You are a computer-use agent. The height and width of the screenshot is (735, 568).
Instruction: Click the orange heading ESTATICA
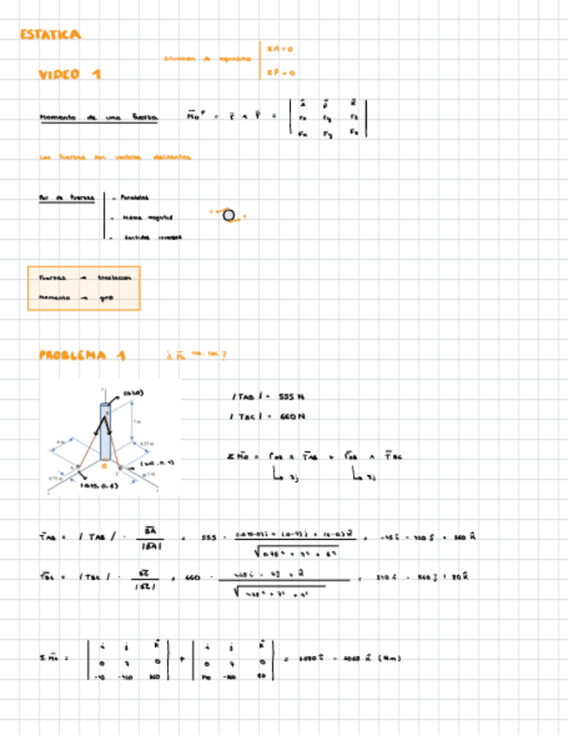(x=50, y=35)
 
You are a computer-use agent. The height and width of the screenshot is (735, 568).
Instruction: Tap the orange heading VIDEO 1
(x=69, y=75)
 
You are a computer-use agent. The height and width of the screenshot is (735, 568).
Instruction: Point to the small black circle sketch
(x=229, y=215)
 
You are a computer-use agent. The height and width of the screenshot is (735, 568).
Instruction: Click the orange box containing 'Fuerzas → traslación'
(x=83, y=288)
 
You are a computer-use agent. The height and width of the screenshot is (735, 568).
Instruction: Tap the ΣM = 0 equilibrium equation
(x=281, y=49)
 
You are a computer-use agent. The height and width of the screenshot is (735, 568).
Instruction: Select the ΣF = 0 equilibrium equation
(x=281, y=74)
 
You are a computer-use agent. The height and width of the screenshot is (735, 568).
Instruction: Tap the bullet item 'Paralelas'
(x=137, y=198)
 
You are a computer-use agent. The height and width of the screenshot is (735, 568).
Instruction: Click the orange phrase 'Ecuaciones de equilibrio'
(x=208, y=59)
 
